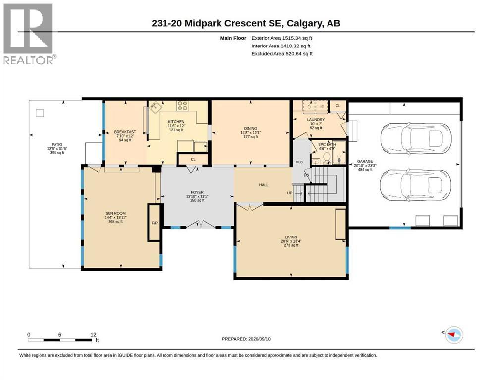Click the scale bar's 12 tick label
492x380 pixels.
click(93, 334)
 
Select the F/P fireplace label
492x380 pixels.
click(155, 223)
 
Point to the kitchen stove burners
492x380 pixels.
click(182, 105)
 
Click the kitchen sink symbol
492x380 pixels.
click(155, 108)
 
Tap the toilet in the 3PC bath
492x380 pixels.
click(327, 158)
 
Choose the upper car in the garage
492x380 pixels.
click(415, 138)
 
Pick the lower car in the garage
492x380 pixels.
click(415, 185)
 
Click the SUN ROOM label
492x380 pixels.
click(115, 213)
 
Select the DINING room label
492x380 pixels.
click(250, 128)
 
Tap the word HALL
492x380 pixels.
click(264, 185)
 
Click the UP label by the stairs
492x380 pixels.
click(290, 193)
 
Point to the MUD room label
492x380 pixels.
click(299, 162)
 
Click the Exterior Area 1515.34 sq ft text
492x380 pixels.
click(281, 38)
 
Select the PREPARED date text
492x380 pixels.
click(246, 339)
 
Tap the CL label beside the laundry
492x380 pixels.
click(338, 106)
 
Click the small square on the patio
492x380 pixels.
click(40, 113)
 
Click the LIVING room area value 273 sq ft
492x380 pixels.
click(291, 245)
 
